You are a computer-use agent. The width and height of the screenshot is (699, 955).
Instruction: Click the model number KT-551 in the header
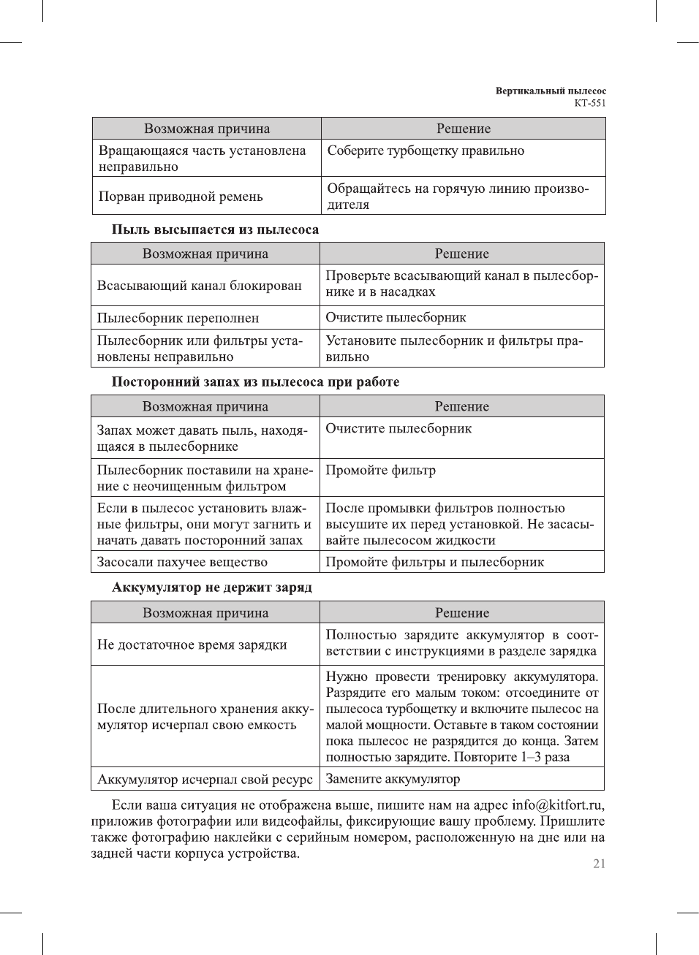(x=589, y=103)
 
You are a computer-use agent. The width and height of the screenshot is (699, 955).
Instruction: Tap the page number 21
(x=599, y=864)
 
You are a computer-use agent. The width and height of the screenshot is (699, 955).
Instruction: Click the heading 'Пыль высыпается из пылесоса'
(x=215, y=229)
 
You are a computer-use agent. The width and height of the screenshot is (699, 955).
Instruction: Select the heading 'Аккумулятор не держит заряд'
(x=212, y=587)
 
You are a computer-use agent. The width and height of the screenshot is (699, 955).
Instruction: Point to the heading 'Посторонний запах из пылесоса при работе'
(x=255, y=382)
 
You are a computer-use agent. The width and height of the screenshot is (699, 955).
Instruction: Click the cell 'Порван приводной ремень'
(x=181, y=197)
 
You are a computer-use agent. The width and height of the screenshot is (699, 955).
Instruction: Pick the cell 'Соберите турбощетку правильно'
(x=426, y=151)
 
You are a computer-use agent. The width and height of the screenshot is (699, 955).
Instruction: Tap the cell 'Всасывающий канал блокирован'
(x=199, y=286)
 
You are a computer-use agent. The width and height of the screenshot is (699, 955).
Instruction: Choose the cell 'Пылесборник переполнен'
(x=178, y=318)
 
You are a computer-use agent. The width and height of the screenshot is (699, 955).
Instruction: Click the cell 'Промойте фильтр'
(x=380, y=471)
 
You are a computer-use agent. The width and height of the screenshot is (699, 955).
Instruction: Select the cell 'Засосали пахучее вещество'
(x=182, y=562)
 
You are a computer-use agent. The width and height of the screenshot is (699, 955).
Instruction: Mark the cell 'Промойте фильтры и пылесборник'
(x=434, y=562)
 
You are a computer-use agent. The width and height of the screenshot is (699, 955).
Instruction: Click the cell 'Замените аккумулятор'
(x=393, y=779)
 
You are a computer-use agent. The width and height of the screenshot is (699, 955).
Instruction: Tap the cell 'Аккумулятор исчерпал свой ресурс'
(x=205, y=780)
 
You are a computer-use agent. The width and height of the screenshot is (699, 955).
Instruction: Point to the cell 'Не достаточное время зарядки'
(x=192, y=644)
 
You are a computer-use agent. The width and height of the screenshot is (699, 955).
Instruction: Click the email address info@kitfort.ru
(x=558, y=805)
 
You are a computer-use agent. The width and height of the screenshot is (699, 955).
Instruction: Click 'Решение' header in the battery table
(x=462, y=613)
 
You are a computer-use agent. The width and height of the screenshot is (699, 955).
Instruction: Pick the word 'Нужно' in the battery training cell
(x=346, y=677)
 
